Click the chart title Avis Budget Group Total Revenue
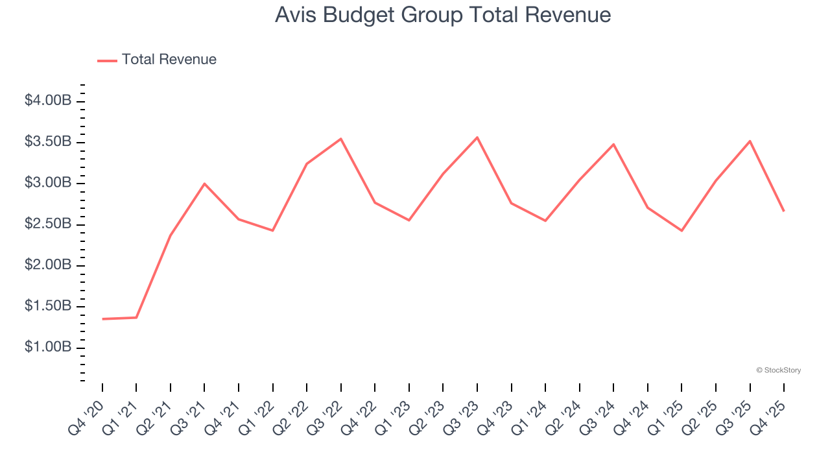pyautogui.click(x=443, y=14)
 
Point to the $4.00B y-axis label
pyautogui.click(x=47, y=101)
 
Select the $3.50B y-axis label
pyautogui.click(x=47, y=142)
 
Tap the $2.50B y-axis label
pyautogui.click(x=47, y=224)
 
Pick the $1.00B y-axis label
pyautogui.click(x=47, y=348)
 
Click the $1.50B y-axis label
pyautogui.click(x=47, y=306)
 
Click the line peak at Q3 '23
pyautogui.click(x=477, y=138)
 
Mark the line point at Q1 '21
pyautogui.click(x=136, y=317)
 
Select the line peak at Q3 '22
pyautogui.click(x=341, y=139)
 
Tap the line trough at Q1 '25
pyautogui.click(x=682, y=230)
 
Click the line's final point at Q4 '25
pyautogui.click(x=784, y=211)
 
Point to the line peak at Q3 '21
pyautogui.click(x=204, y=184)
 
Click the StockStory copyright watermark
pyautogui.click(x=778, y=370)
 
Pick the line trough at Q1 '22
pyautogui.click(x=272, y=230)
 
